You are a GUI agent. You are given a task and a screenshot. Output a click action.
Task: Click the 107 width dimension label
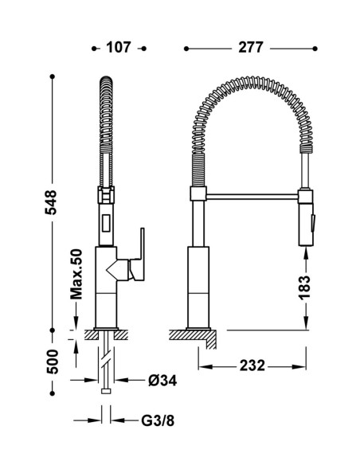point(119,48)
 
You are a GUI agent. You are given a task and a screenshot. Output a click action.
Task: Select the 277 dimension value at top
point(251,48)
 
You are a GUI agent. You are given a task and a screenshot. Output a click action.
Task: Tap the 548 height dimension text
point(51,202)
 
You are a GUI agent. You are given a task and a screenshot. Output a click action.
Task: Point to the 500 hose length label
point(53,361)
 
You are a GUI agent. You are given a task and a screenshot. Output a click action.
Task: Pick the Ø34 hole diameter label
point(162,381)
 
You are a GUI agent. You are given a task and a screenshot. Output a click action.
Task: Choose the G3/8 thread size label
point(158,420)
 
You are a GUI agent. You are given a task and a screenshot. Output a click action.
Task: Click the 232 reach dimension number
point(252,365)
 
